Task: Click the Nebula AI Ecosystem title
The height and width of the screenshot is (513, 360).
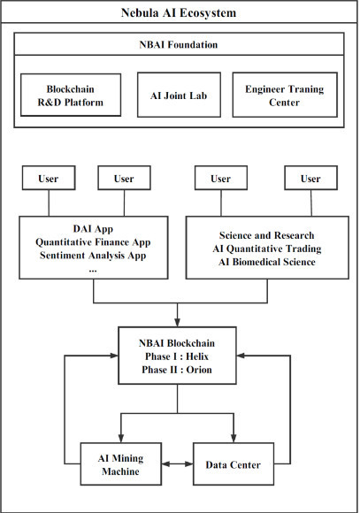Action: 179,12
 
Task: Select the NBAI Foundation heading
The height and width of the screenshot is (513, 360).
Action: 179,44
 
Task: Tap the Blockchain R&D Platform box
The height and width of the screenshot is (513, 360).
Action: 71,95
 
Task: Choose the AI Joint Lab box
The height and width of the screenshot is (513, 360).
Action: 179,95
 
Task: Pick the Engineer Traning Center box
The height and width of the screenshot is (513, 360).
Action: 285,95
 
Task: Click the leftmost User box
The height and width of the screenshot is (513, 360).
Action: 49,178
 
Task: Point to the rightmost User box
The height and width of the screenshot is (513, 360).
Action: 311,178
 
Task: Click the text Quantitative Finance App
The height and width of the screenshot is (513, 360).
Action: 93,242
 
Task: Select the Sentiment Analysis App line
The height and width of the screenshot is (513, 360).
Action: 93,256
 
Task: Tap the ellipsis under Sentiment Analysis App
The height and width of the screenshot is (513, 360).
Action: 93,271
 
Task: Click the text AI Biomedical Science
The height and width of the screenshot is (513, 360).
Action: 267,262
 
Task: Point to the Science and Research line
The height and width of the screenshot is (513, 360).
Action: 267,235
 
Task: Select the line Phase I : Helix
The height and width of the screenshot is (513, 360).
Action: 177,356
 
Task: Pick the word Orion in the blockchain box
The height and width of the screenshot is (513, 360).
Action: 199,370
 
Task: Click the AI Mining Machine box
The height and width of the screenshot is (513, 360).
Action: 121,464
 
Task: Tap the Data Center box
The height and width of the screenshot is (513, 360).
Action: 234,464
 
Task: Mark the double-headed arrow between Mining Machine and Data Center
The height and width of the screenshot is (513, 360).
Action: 178,464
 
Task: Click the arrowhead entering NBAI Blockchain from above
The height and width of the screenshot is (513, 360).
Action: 178,323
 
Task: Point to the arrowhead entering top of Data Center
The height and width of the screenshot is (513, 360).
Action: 234,439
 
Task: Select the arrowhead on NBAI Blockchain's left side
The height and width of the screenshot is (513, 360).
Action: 113,356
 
